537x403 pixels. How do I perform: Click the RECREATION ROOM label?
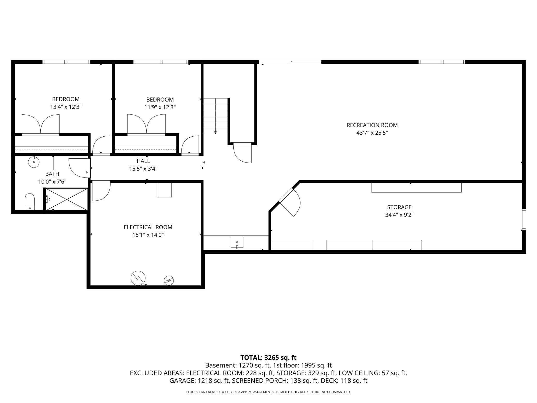[x=372, y=125]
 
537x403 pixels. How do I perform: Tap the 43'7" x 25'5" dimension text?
[x=372, y=133]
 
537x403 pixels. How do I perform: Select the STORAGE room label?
[x=399, y=207]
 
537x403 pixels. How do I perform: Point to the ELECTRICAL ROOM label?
[x=148, y=227]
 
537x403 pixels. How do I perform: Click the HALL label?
[x=143, y=161]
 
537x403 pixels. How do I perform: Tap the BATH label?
[x=52, y=174]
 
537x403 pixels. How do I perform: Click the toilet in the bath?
[x=30, y=202]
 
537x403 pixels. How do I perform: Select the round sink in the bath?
[x=34, y=162]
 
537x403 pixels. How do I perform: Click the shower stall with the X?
[x=67, y=199]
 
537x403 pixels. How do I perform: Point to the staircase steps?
[x=216, y=116]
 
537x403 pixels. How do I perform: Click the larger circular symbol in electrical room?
[x=138, y=278]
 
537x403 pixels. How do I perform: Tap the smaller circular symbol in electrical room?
[x=169, y=280]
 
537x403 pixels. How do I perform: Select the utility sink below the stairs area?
[x=237, y=242]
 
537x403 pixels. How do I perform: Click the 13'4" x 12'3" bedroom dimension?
[x=66, y=107]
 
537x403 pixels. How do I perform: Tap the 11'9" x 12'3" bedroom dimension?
[x=160, y=107]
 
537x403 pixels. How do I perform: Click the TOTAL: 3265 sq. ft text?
[x=268, y=358]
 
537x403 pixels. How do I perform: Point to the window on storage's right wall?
[x=524, y=219]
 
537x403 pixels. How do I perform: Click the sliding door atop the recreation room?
[x=290, y=62]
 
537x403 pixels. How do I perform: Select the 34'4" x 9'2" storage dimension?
[x=399, y=215]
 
